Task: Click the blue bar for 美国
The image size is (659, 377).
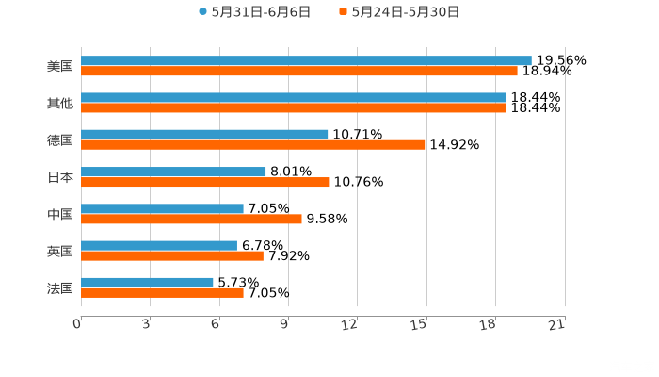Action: pyautogui.click(x=306, y=61)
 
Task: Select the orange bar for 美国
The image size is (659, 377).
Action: pyautogui.click(x=299, y=71)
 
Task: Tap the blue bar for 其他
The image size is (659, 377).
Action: pyautogui.click(x=294, y=98)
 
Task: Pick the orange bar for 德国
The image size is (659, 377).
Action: pyautogui.click(x=253, y=144)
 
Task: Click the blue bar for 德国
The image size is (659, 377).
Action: pyautogui.click(x=204, y=135)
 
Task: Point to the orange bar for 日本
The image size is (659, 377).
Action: pyautogui.click(x=205, y=182)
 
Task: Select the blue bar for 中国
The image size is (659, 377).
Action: pyautogui.click(x=162, y=208)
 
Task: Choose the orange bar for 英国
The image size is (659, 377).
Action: pyautogui.click(x=172, y=255)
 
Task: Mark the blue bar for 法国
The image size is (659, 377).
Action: pyautogui.click(x=147, y=282)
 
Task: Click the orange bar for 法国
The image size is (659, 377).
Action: pyautogui.click(x=162, y=292)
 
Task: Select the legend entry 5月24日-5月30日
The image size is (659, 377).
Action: pyautogui.click(x=406, y=12)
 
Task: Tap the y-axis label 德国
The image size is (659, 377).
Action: pyautogui.click(x=60, y=140)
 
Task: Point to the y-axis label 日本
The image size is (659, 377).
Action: pyautogui.click(x=60, y=177)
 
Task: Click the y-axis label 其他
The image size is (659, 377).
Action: pyautogui.click(x=60, y=104)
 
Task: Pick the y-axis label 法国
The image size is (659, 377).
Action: pyautogui.click(x=60, y=287)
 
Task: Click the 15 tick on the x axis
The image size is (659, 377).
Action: pyautogui.click(x=424, y=324)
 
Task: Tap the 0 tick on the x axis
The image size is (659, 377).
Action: pyautogui.click(x=78, y=324)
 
